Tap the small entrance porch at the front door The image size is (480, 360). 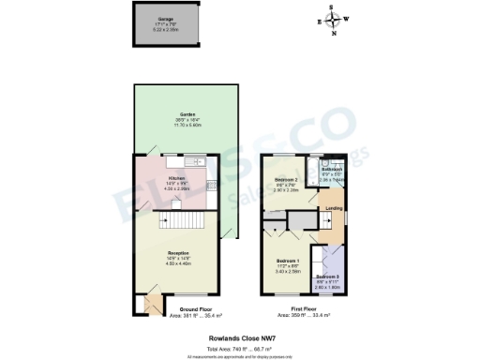[145, 306]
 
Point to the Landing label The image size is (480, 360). [333, 207]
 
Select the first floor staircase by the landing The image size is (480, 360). [301, 219]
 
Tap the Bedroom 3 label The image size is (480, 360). [327, 278]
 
